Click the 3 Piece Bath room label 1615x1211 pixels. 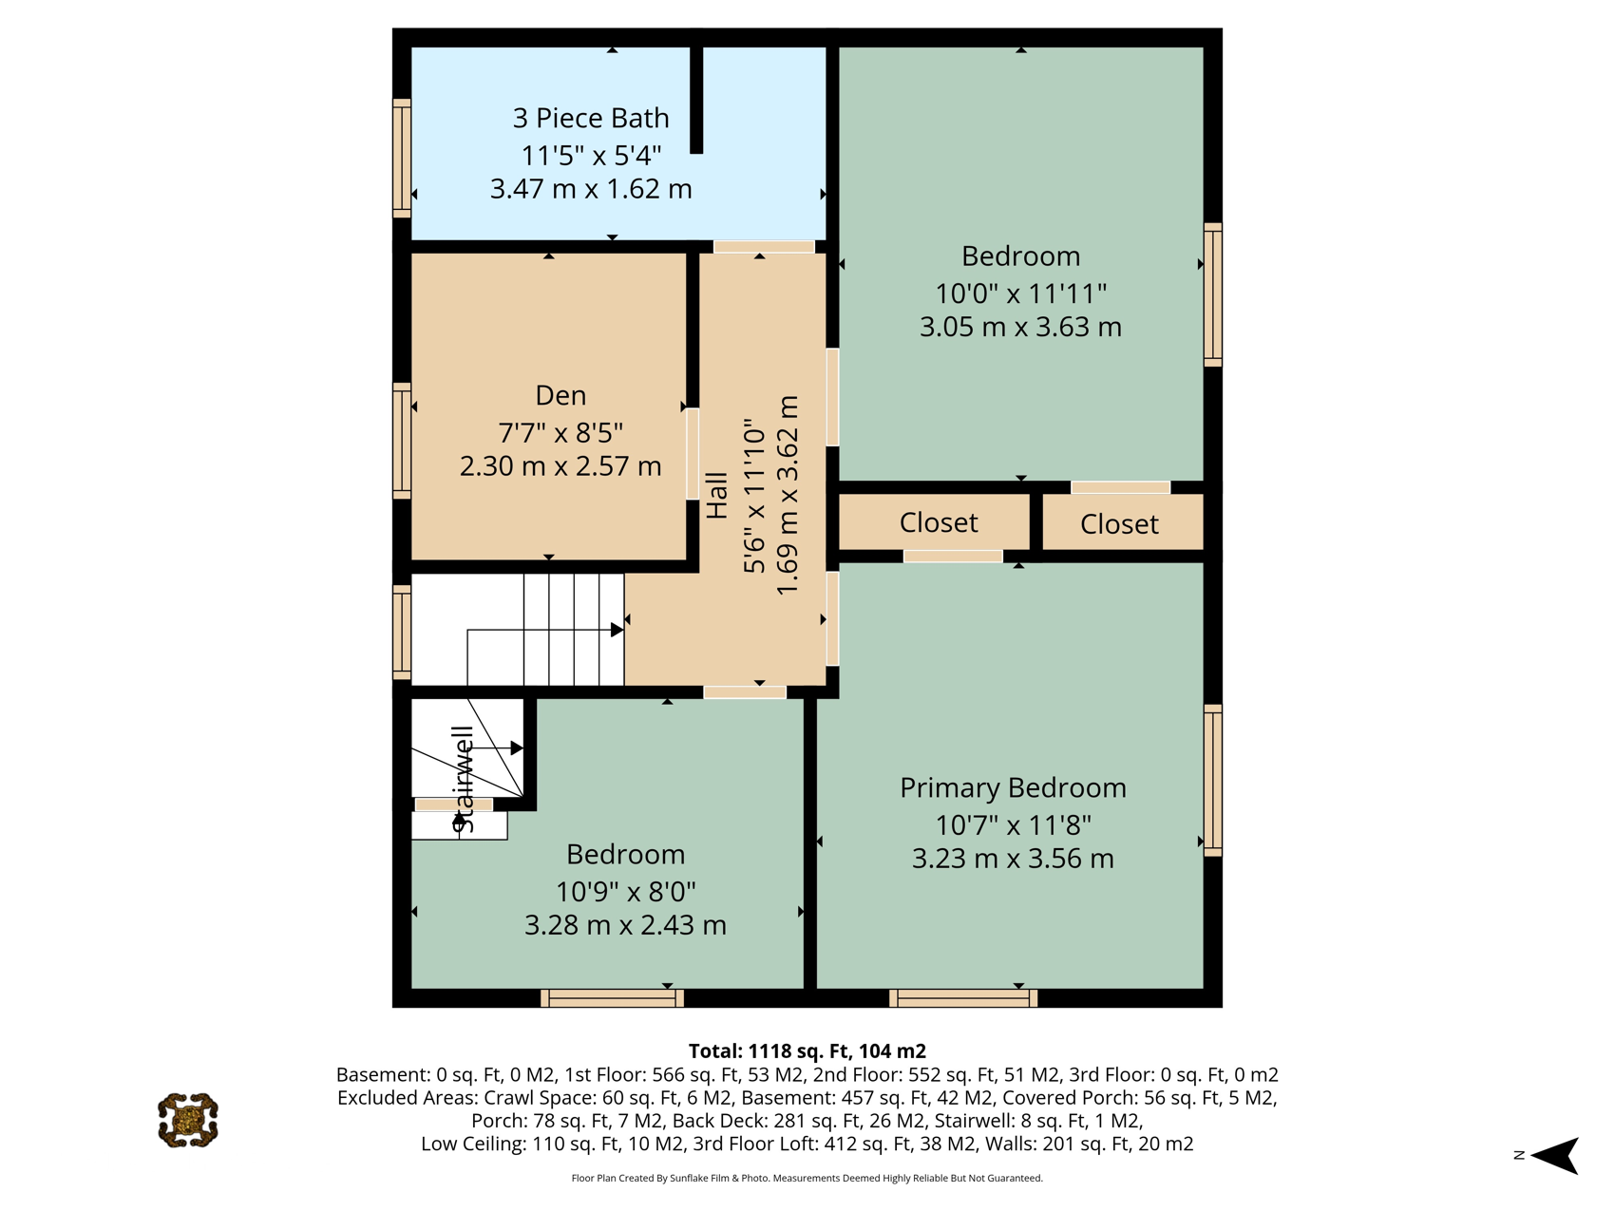click(x=591, y=118)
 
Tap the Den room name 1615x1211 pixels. click(x=560, y=395)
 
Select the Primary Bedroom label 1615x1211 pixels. click(x=1013, y=787)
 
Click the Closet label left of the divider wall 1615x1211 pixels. click(x=939, y=522)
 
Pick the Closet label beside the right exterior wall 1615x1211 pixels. click(x=1119, y=524)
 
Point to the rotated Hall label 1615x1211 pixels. click(x=717, y=496)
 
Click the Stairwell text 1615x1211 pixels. click(x=463, y=780)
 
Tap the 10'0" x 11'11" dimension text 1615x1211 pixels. click(x=1021, y=293)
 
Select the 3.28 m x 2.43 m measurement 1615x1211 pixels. click(x=625, y=924)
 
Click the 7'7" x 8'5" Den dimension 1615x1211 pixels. click(x=560, y=433)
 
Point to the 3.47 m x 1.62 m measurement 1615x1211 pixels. click(x=591, y=189)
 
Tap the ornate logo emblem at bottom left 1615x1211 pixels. click(x=188, y=1121)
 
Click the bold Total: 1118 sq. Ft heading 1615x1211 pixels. click(x=807, y=1051)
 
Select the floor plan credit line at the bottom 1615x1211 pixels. click(x=807, y=1179)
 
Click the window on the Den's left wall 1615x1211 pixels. click(x=402, y=441)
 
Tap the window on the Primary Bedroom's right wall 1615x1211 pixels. click(x=1213, y=781)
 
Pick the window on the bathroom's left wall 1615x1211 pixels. click(x=402, y=158)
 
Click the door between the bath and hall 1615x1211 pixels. click(x=764, y=247)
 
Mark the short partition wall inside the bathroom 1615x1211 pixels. click(x=696, y=100)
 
